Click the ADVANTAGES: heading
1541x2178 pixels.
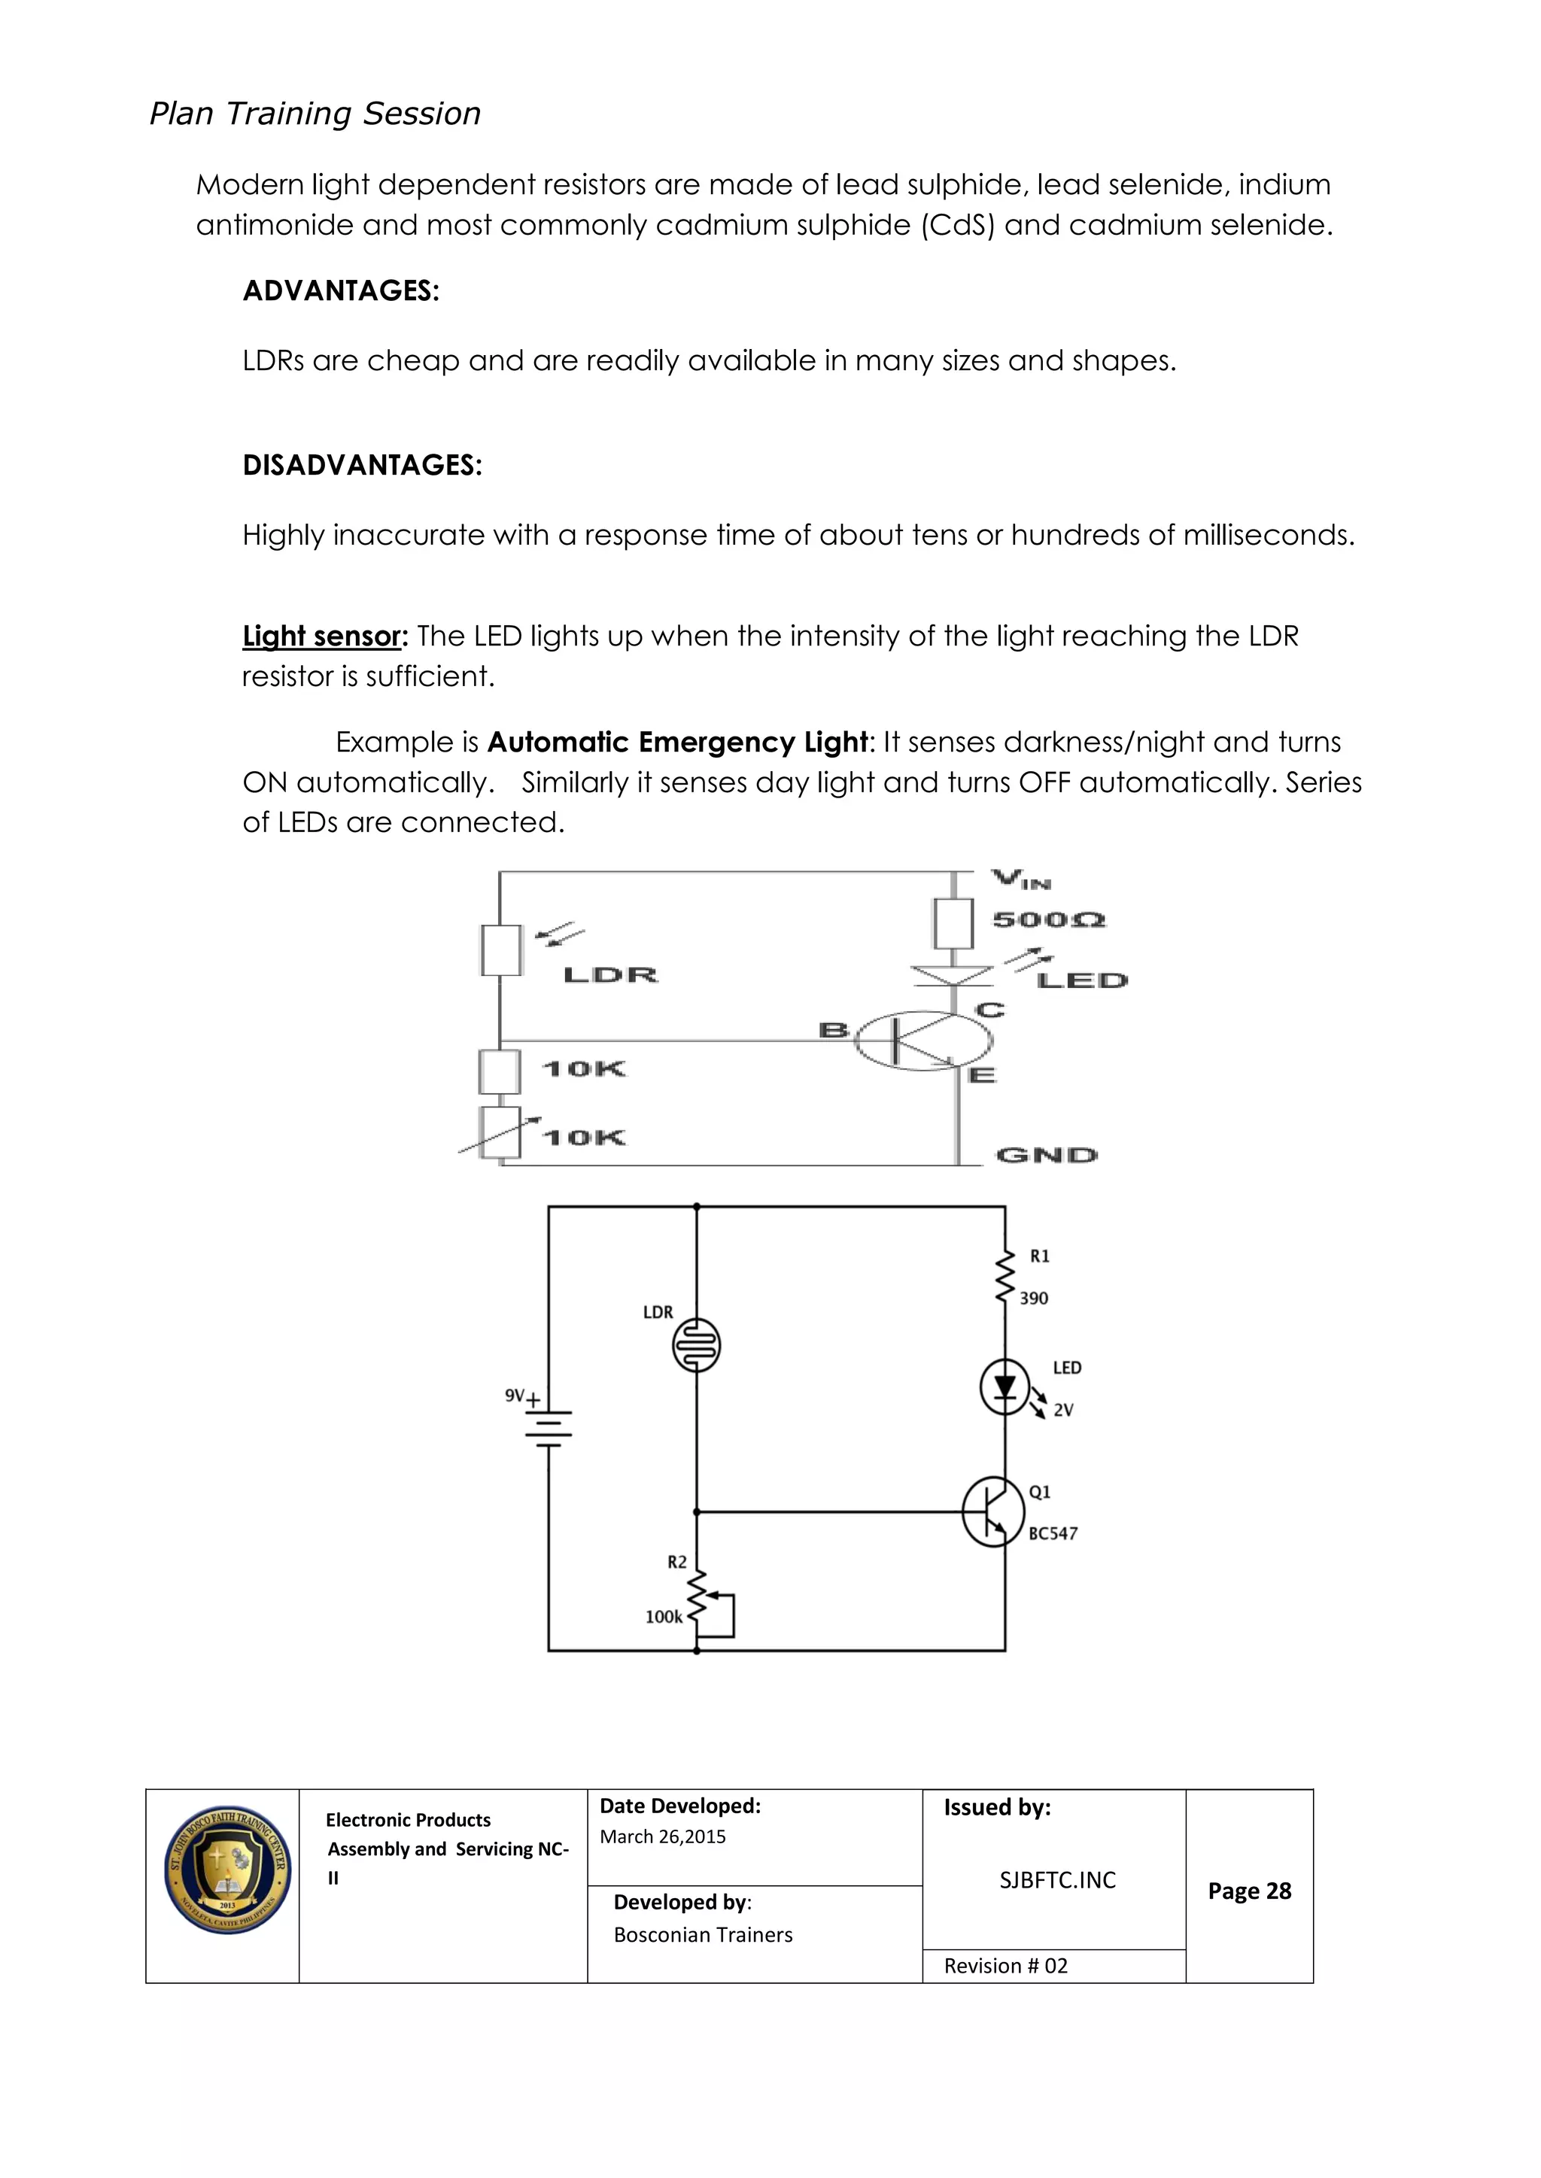pyautogui.click(x=341, y=290)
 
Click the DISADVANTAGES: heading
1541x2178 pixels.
pyautogui.click(x=361, y=465)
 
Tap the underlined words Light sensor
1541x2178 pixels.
pyautogui.click(x=323, y=636)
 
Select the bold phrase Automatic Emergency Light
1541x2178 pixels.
pyautogui.click(x=677, y=742)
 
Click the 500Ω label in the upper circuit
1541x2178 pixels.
pyautogui.click(x=1048, y=920)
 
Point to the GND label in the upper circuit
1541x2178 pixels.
pyautogui.click(x=1046, y=1156)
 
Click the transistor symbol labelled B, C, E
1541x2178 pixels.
pyautogui.click(x=922, y=1040)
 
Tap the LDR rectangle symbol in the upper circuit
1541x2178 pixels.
pyautogui.click(x=500, y=950)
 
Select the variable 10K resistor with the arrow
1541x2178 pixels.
pyautogui.click(x=500, y=1133)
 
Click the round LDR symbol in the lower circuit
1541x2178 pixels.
pyautogui.click(x=697, y=1345)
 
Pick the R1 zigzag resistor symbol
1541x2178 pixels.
pyautogui.click(x=1004, y=1277)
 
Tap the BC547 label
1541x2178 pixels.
pyautogui.click(x=1053, y=1534)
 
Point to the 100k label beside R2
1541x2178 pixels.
pyautogui.click(x=663, y=1618)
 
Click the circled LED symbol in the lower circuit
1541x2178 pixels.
pyautogui.click(x=1004, y=1388)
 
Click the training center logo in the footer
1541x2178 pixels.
pyautogui.click(x=226, y=1870)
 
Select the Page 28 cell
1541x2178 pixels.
pyautogui.click(x=1249, y=1891)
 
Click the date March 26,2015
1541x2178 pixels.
pyautogui.click(x=662, y=1836)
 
